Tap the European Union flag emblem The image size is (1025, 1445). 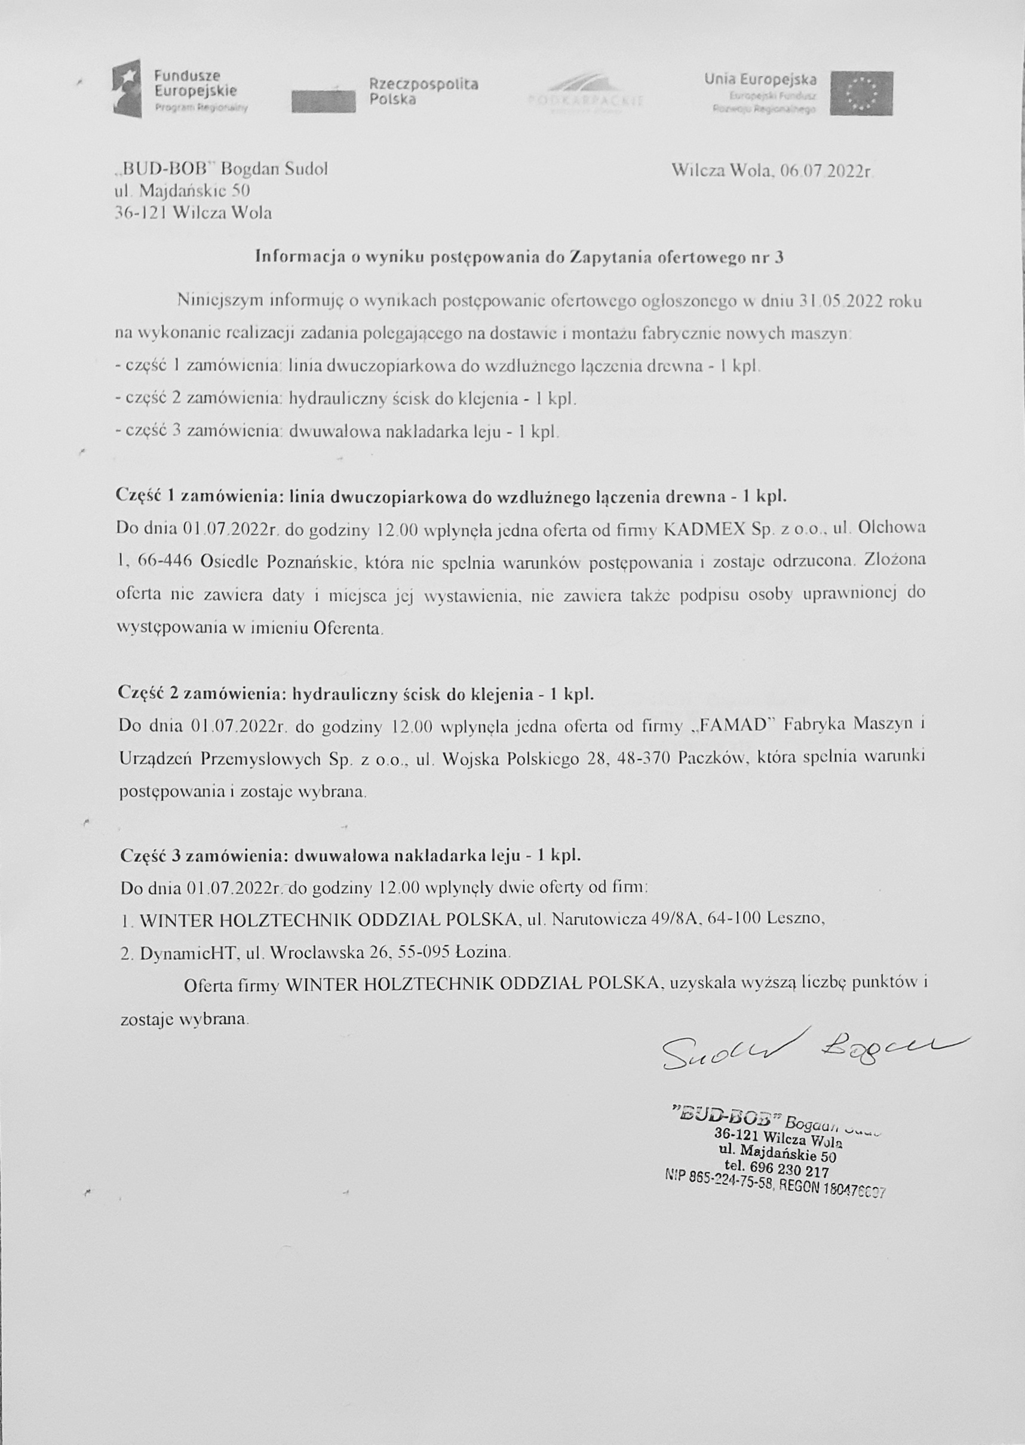pyautogui.click(x=861, y=93)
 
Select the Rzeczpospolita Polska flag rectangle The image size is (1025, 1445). pyautogui.click(x=323, y=100)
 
